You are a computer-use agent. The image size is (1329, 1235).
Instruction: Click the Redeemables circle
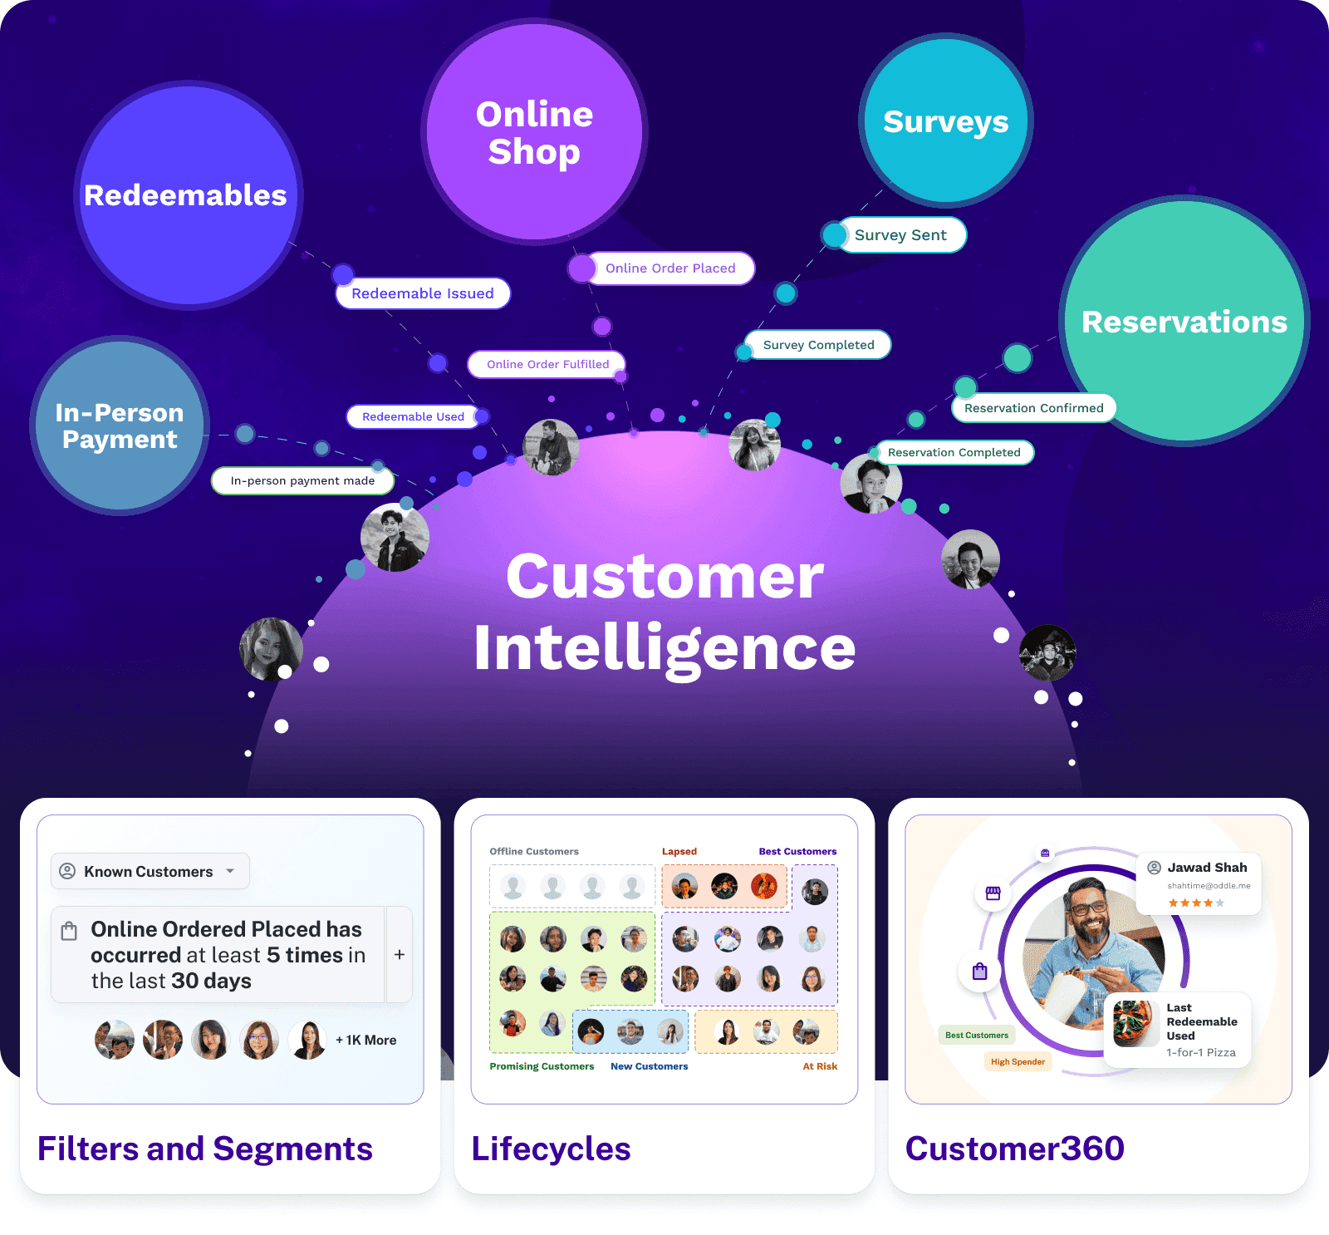pyautogui.click(x=188, y=196)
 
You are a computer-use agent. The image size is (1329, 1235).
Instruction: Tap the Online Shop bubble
pyautogui.click(x=534, y=132)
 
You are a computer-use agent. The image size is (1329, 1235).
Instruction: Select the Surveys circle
pyautogui.click(x=945, y=121)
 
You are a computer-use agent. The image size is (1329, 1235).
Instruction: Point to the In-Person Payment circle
pyautogui.click(x=120, y=426)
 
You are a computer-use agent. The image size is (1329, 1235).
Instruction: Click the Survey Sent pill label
pyautogui.click(x=900, y=235)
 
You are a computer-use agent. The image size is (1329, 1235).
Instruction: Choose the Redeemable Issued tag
pyautogui.click(x=423, y=293)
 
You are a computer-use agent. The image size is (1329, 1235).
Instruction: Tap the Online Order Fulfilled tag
pyautogui.click(x=547, y=364)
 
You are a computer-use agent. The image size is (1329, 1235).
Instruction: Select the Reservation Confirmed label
pyautogui.click(x=1033, y=408)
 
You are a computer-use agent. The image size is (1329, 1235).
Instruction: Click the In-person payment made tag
pyautogui.click(x=302, y=480)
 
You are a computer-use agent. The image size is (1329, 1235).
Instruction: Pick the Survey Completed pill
pyautogui.click(x=818, y=345)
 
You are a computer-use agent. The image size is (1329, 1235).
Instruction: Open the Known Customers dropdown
pyautogui.click(x=150, y=871)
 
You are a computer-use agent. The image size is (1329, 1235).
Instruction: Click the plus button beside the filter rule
pyautogui.click(x=400, y=955)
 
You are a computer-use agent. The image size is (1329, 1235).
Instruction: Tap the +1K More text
pyautogui.click(x=365, y=1041)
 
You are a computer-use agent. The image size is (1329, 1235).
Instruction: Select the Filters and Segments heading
pyautogui.click(x=205, y=1149)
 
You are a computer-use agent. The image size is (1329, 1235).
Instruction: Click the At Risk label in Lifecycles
pyautogui.click(x=820, y=1066)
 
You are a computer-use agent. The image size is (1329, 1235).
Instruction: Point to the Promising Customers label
pyautogui.click(x=542, y=1066)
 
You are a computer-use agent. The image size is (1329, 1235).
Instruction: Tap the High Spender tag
pyautogui.click(x=1018, y=1061)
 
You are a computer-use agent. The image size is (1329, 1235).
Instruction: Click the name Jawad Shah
pyautogui.click(x=1207, y=868)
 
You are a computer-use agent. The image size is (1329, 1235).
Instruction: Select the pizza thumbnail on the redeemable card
pyautogui.click(x=1135, y=1023)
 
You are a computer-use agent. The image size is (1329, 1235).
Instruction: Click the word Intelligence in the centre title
pyautogui.click(x=664, y=648)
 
